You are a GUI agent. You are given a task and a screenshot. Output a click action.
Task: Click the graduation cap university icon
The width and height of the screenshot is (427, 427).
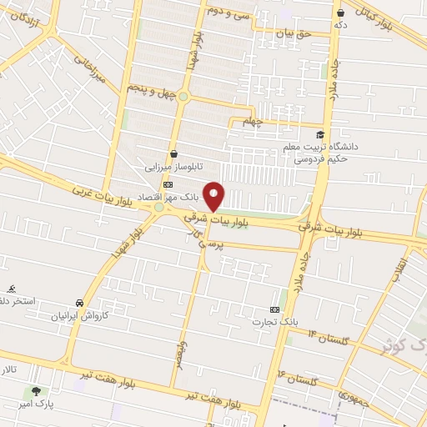click(x=319, y=134)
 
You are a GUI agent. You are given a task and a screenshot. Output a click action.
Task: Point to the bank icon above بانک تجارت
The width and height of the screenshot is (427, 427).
click(x=274, y=309)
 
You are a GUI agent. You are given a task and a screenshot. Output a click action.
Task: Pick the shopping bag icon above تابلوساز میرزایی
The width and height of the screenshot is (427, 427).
click(x=173, y=153)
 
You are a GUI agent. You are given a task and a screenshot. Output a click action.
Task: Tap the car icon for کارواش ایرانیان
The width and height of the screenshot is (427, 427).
click(x=79, y=303)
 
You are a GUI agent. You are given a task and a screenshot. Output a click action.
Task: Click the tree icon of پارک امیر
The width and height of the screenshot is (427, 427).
click(x=34, y=391)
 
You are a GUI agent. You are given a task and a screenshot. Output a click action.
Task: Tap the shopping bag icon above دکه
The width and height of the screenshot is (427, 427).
click(x=340, y=13)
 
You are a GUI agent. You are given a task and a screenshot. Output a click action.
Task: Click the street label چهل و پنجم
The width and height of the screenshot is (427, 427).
click(x=152, y=88)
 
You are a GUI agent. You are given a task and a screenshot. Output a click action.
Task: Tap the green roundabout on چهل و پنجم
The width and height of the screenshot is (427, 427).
click(x=183, y=96)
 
